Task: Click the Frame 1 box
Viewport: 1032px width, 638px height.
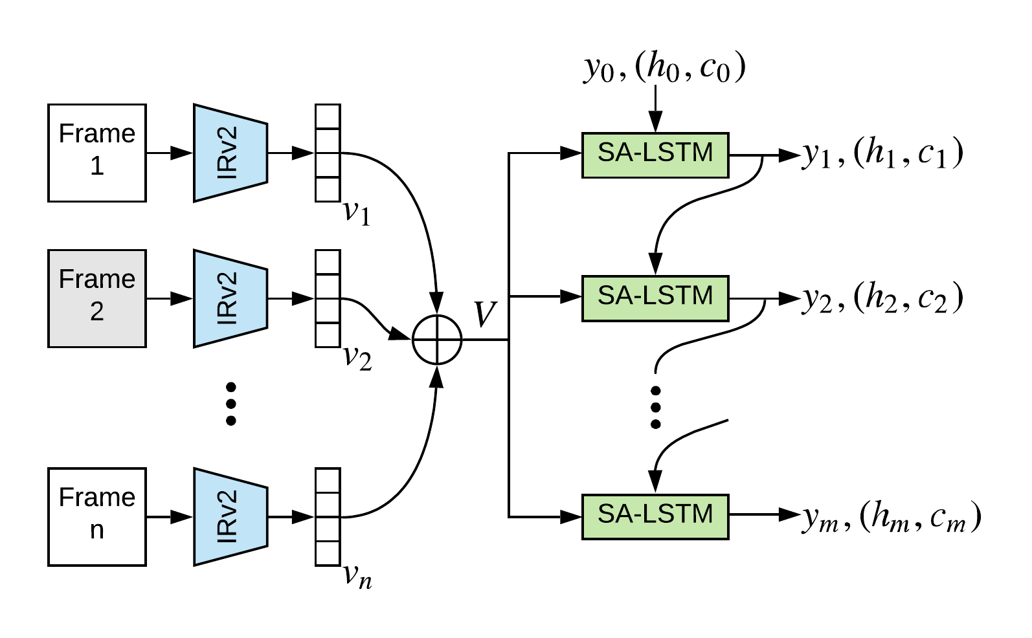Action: (x=97, y=153)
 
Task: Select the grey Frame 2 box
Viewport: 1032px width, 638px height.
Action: (x=97, y=299)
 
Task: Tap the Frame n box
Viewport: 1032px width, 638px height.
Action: (x=97, y=517)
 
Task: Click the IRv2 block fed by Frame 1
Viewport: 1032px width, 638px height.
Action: (x=230, y=153)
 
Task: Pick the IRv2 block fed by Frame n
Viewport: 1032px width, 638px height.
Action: (x=230, y=517)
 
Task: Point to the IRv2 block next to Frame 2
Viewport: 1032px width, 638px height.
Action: (x=230, y=299)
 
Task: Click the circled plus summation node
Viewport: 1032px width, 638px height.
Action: (x=437, y=340)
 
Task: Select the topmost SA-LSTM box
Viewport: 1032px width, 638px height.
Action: (x=655, y=155)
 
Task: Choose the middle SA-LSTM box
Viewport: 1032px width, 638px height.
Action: (x=655, y=298)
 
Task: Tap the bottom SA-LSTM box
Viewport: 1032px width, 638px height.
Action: (x=655, y=517)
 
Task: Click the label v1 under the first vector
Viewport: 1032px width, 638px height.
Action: (x=357, y=214)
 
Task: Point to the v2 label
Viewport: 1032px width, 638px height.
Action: (x=358, y=358)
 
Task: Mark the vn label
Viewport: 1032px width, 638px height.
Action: (x=358, y=577)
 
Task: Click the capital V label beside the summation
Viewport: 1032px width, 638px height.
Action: (x=486, y=314)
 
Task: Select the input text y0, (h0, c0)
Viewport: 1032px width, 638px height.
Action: (x=665, y=67)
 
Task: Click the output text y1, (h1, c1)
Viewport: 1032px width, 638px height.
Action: (x=882, y=153)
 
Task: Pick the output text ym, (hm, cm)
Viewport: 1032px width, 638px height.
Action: (x=892, y=517)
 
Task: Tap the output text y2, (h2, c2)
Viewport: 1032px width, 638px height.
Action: (x=882, y=298)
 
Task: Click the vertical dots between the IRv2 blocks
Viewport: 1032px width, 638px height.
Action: (x=231, y=404)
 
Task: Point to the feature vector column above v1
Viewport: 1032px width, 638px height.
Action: (x=328, y=153)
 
